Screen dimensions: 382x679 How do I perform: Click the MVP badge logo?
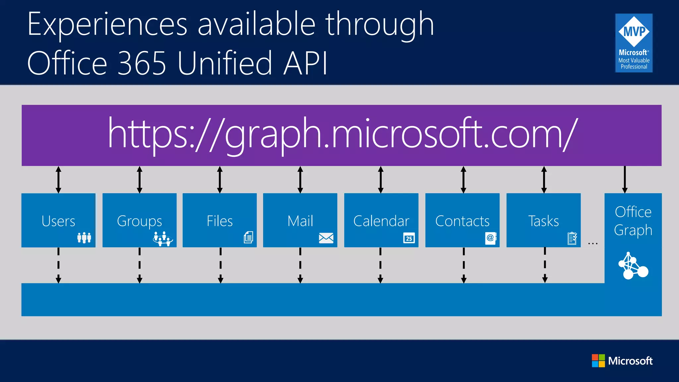(x=634, y=43)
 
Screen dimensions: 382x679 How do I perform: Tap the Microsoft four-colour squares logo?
(x=598, y=361)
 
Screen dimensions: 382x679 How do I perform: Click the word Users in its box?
(x=58, y=221)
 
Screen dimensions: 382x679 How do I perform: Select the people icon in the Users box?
(x=84, y=237)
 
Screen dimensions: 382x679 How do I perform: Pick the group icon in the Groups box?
(x=163, y=238)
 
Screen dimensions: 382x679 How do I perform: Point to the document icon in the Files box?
(x=248, y=237)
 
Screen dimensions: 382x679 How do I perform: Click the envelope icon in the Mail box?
(x=326, y=238)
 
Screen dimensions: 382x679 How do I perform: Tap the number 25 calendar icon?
(x=409, y=238)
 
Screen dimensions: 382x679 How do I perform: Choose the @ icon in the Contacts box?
(x=490, y=238)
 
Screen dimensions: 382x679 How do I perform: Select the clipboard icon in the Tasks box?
(x=572, y=238)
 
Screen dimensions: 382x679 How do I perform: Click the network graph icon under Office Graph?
(x=633, y=266)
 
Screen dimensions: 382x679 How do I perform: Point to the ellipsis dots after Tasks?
(x=593, y=244)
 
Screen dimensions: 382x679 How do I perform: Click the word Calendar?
(x=381, y=221)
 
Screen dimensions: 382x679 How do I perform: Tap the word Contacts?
(x=462, y=221)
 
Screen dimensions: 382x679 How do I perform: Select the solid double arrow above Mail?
(x=300, y=180)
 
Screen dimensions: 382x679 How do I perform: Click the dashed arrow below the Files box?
(x=220, y=265)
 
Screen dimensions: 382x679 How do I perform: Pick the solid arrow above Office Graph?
(x=625, y=180)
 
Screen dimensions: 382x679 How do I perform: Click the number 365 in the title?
(x=142, y=63)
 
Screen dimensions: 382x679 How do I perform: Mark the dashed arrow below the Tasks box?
(x=545, y=265)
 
